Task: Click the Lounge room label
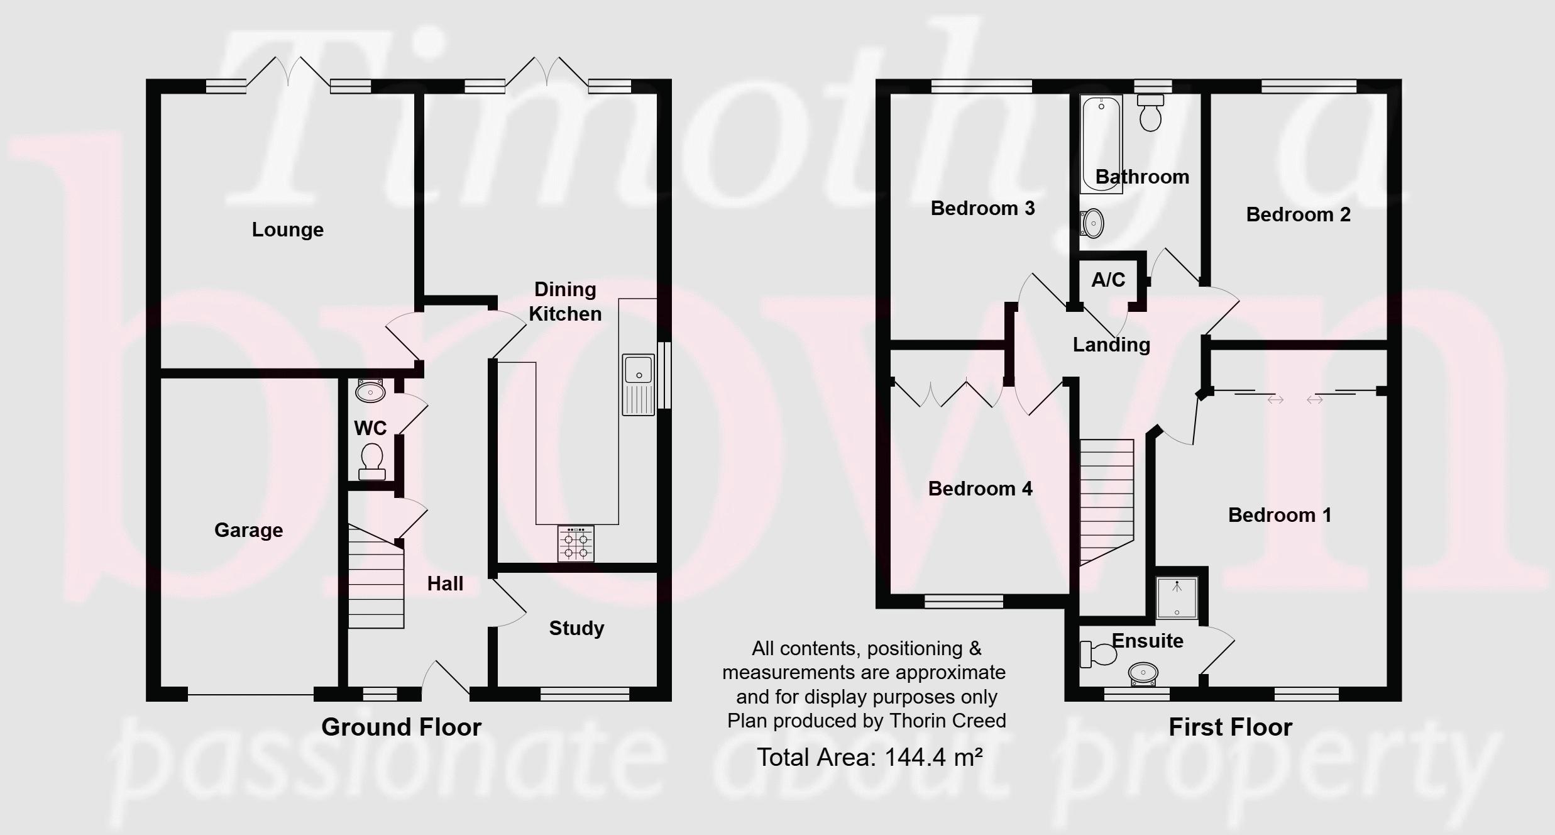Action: (x=288, y=229)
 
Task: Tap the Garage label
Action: (x=249, y=530)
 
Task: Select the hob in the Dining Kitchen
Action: (x=576, y=543)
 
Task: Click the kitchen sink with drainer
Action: (x=639, y=385)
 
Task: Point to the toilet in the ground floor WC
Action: (x=371, y=462)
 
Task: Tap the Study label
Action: (x=577, y=628)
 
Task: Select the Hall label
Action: (x=445, y=583)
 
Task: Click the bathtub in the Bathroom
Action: (x=1101, y=144)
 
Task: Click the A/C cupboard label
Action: (x=1108, y=280)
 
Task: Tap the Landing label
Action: (x=1111, y=345)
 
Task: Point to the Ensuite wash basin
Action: (x=1143, y=674)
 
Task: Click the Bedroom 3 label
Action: (x=982, y=208)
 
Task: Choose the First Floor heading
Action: (x=1230, y=727)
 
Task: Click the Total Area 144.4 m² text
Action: (x=869, y=757)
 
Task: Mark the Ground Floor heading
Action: (x=401, y=727)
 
